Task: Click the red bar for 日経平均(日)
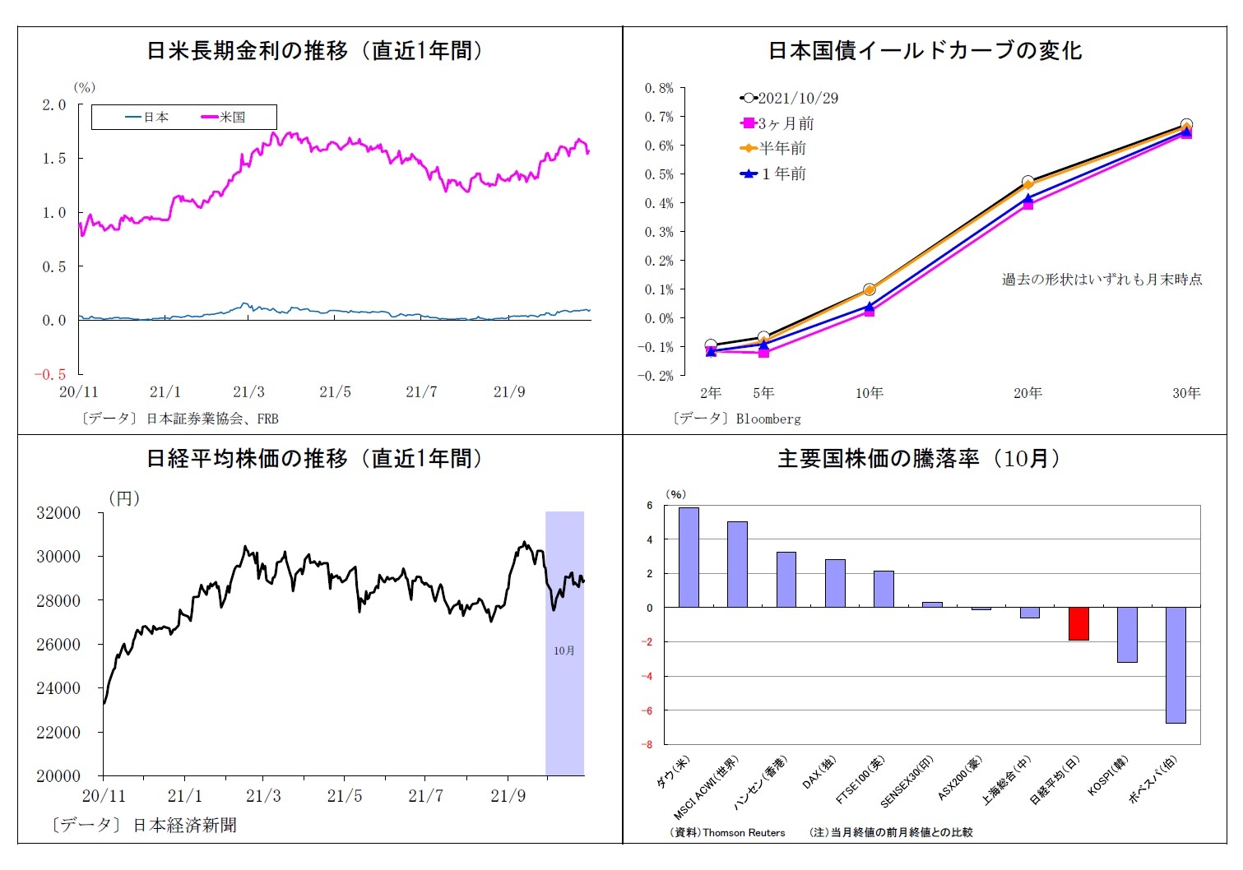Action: point(1078,623)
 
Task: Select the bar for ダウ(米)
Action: point(689,558)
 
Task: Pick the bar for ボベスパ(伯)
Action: point(1176,664)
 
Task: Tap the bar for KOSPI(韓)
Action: point(1127,634)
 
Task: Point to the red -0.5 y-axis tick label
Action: point(49,374)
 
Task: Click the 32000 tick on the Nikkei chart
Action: point(58,513)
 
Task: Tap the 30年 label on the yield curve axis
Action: point(1185,393)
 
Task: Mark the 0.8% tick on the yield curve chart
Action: point(659,88)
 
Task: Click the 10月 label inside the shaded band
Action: point(564,650)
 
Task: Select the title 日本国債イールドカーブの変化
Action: point(925,51)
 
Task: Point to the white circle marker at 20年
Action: point(1028,182)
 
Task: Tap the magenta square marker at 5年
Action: point(764,352)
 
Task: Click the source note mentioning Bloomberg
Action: point(737,419)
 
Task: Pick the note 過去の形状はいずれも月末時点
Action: point(1102,280)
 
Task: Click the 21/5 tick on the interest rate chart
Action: point(335,392)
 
